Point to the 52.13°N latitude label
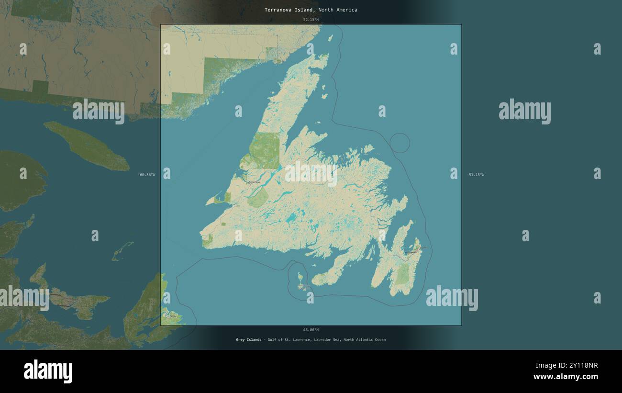point(311,20)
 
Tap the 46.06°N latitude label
point(311,330)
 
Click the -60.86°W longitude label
point(146,175)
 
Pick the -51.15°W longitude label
point(476,175)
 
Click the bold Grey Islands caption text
point(248,340)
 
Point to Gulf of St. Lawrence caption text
point(287,340)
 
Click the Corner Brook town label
point(254,182)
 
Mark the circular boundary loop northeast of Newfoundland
point(400,143)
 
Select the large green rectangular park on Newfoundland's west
point(264,150)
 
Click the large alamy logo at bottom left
point(48,371)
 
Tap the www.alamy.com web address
point(566,377)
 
